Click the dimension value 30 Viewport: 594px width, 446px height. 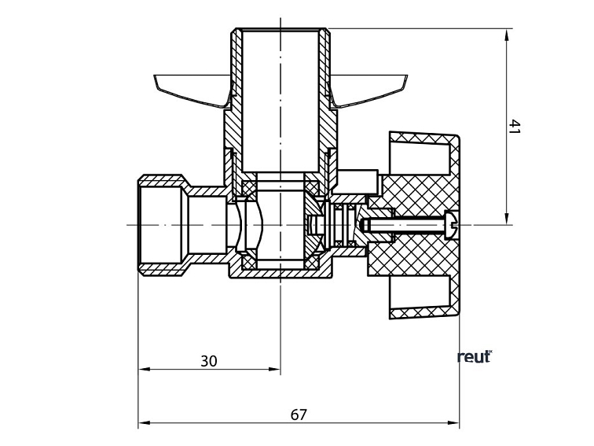tap(208, 361)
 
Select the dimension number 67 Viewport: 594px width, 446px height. tap(299, 415)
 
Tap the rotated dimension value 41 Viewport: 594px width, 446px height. tap(515, 127)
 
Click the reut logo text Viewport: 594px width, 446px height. tap(474, 356)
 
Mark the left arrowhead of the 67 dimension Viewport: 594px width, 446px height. tap(144, 423)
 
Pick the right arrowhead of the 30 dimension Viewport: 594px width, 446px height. tap(275, 369)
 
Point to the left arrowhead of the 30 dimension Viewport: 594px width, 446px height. tap(144, 369)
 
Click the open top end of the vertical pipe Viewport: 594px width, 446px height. tap(280, 31)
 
